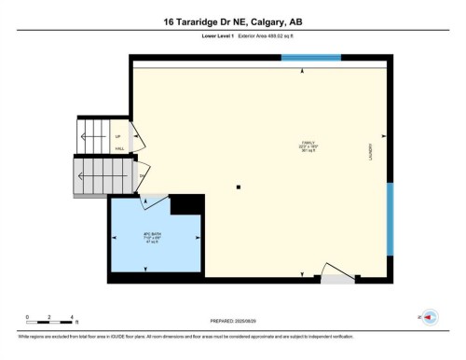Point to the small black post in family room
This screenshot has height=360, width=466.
(x=239, y=187)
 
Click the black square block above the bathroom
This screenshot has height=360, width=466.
(x=187, y=203)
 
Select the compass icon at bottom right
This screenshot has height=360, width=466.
(x=430, y=318)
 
